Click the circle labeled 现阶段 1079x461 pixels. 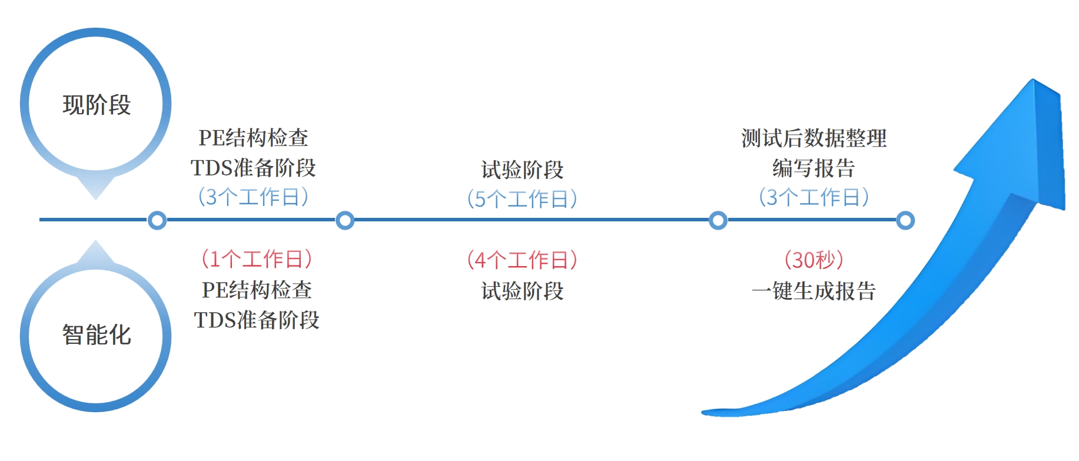click(x=96, y=104)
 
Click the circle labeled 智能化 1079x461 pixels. click(x=96, y=335)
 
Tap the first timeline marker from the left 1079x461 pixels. click(x=157, y=221)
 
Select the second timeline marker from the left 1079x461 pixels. click(x=345, y=221)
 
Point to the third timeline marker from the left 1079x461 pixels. click(x=718, y=221)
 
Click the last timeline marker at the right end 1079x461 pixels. click(x=905, y=221)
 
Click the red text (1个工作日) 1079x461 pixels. click(x=257, y=259)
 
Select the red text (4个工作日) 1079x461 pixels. click(x=522, y=260)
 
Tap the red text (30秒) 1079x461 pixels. click(x=814, y=260)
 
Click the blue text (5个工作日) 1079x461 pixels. click(x=522, y=199)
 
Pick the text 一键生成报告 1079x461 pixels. click(x=814, y=291)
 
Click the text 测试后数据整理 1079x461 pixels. click(x=814, y=138)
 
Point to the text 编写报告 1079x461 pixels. click(x=814, y=168)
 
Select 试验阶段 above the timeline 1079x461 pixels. click(x=522, y=170)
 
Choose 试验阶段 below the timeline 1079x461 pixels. click(x=522, y=291)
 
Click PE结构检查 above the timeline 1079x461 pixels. click(x=254, y=138)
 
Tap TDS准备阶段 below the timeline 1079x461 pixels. click(x=257, y=320)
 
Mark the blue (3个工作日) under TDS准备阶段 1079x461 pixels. click(x=254, y=197)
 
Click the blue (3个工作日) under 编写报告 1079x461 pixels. click(x=814, y=197)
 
